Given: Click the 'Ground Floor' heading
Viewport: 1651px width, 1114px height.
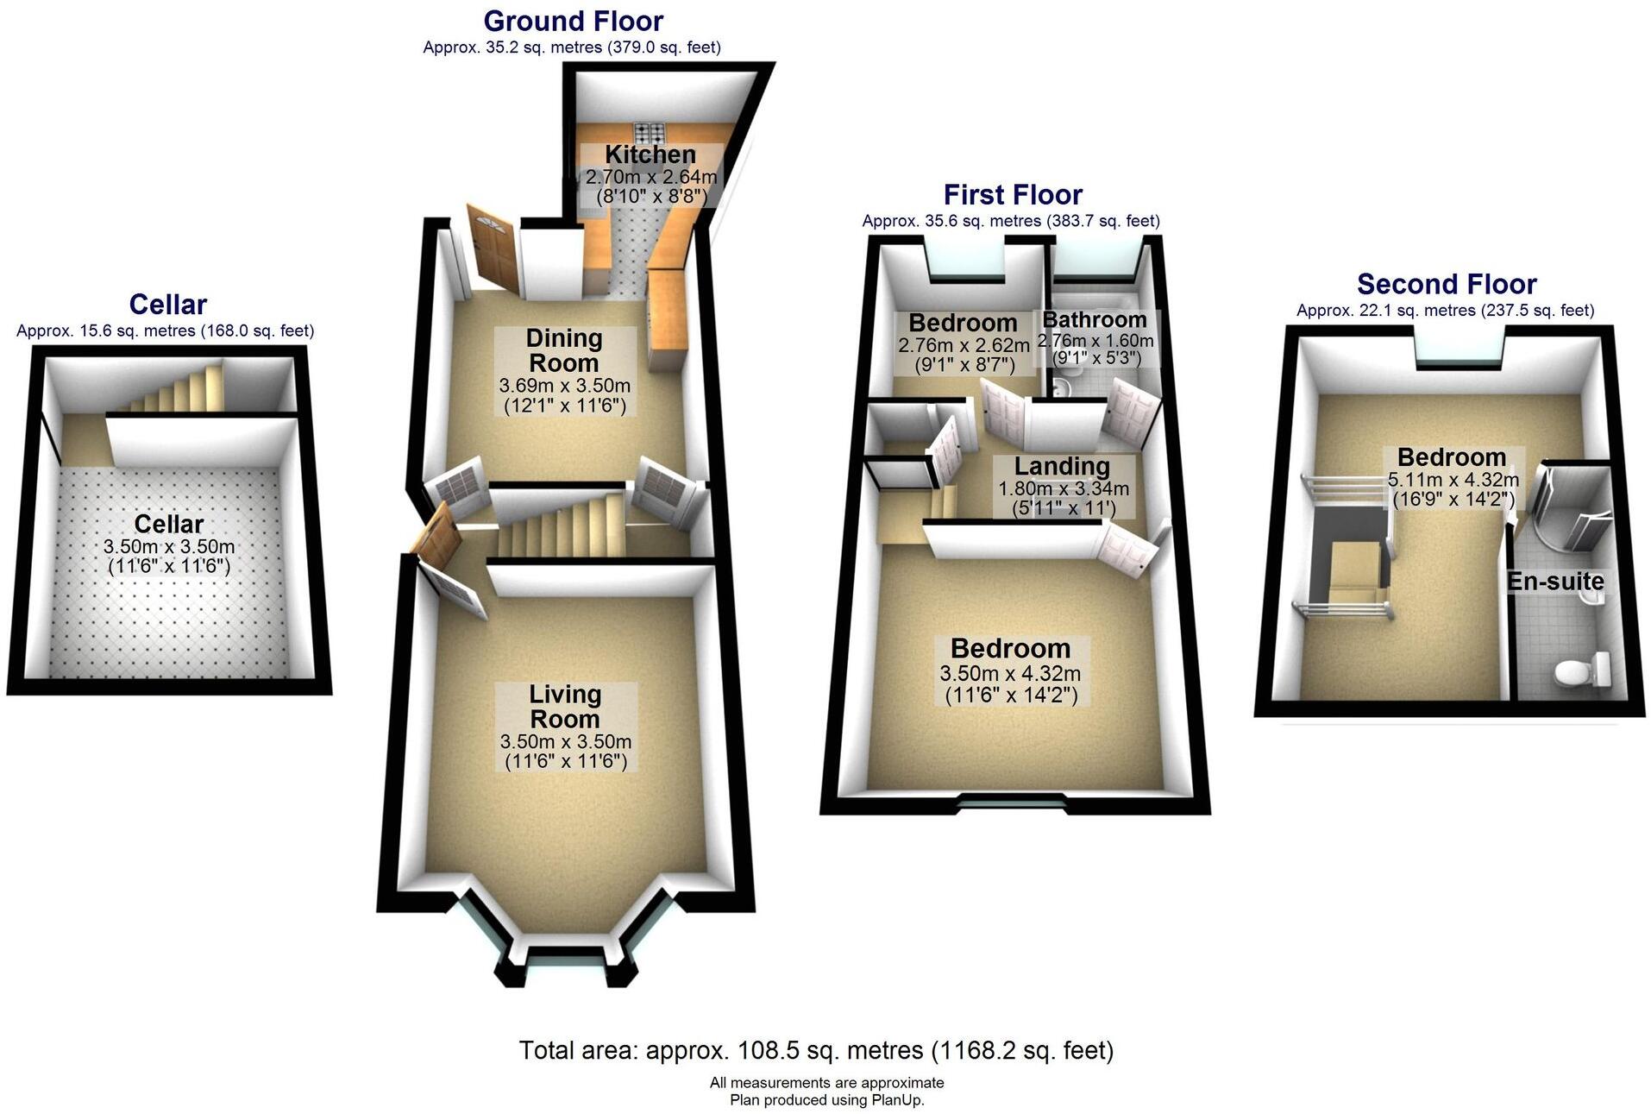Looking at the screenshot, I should click(x=573, y=21).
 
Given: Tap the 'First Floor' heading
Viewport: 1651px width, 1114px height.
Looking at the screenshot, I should click(x=1012, y=195).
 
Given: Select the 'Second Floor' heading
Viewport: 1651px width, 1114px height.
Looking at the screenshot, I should click(x=1446, y=284).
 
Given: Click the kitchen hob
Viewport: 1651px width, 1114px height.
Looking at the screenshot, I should click(x=650, y=133).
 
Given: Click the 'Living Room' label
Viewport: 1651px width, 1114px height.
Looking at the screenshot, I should click(x=565, y=706).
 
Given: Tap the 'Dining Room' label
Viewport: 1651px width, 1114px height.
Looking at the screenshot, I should click(x=563, y=350).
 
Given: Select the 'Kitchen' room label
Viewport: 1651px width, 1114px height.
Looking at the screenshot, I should click(x=650, y=154).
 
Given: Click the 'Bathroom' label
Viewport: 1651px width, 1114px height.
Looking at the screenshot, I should click(x=1094, y=320).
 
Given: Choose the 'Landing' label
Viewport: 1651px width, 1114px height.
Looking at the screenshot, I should click(x=1061, y=466).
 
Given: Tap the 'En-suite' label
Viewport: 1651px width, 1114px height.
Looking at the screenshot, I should click(x=1554, y=582).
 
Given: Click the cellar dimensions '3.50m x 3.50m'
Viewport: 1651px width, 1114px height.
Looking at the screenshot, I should click(x=168, y=546).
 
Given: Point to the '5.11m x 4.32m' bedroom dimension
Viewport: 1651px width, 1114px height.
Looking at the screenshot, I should click(x=1453, y=480).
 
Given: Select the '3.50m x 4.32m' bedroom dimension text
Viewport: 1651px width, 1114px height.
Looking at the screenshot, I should click(x=1010, y=674).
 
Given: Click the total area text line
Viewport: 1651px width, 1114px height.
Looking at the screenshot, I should click(x=816, y=1050).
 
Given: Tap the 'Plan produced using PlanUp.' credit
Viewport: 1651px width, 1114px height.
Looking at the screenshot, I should click(x=826, y=1100).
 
